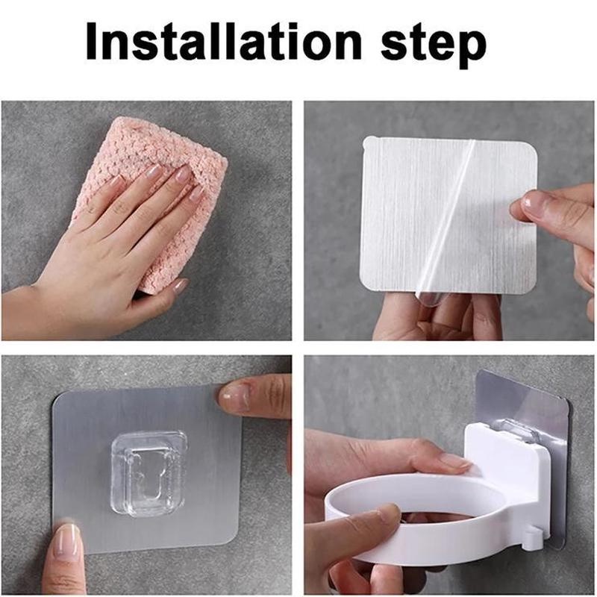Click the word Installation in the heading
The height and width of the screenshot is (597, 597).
pos(223,41)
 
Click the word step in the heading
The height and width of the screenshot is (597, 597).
pos(434,45)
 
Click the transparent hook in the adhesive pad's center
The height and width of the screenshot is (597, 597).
pos(149,473)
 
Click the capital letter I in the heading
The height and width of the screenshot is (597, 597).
pos(92,42)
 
